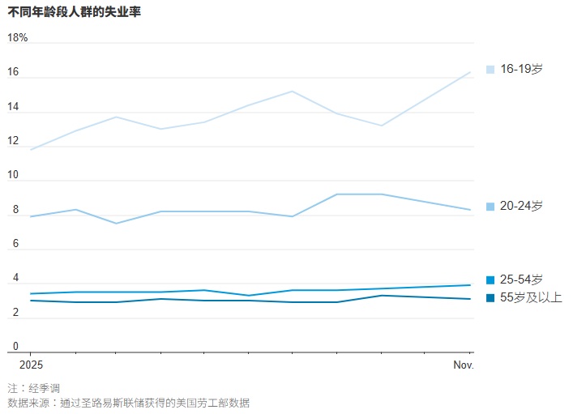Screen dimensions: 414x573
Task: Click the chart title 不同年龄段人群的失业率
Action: coord(74,12)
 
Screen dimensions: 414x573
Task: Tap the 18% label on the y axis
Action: coord(18,37)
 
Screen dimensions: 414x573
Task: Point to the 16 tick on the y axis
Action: coord(14,71)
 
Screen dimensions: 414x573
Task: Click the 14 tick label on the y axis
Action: coord(14,106)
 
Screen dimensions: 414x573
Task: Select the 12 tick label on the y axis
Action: coord(14,141)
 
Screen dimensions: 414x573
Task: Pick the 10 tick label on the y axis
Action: coord(14,175)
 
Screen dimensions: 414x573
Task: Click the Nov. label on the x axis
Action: coord(463,365)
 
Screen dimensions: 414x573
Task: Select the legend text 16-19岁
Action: coord(521,69)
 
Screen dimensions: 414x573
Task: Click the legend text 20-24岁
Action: coord(521,207)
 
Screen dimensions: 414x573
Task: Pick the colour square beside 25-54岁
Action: coord(490,280)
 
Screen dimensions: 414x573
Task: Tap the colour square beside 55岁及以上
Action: coord(490,298)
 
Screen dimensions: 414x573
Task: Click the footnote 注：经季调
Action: coord(33,388)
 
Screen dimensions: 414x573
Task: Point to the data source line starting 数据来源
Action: coord(128,403)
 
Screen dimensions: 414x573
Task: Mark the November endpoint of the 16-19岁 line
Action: coord(471,72)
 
